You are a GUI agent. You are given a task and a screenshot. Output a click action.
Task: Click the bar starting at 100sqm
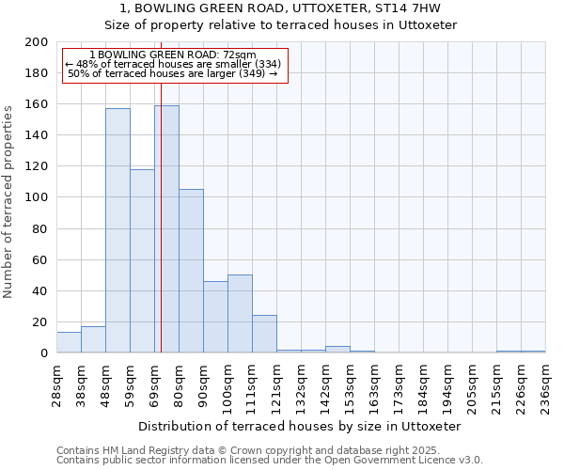(240, 314)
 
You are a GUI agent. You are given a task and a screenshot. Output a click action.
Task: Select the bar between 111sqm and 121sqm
(264, 334)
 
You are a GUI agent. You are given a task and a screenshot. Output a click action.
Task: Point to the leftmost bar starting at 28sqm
(69, 342)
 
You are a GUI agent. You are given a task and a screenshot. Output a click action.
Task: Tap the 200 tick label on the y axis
(37, 42)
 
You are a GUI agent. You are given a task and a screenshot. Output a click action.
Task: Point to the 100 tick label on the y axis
(37, 197)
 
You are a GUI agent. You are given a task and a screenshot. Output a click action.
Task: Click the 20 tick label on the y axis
(40, 322)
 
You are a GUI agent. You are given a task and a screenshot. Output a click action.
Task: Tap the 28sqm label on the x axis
(56, 384)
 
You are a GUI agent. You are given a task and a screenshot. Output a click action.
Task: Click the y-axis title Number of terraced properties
(8, 201)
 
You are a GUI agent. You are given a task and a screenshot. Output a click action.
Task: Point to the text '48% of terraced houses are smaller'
(173, 64)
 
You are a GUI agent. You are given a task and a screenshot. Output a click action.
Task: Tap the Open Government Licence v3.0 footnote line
(269, 461)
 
